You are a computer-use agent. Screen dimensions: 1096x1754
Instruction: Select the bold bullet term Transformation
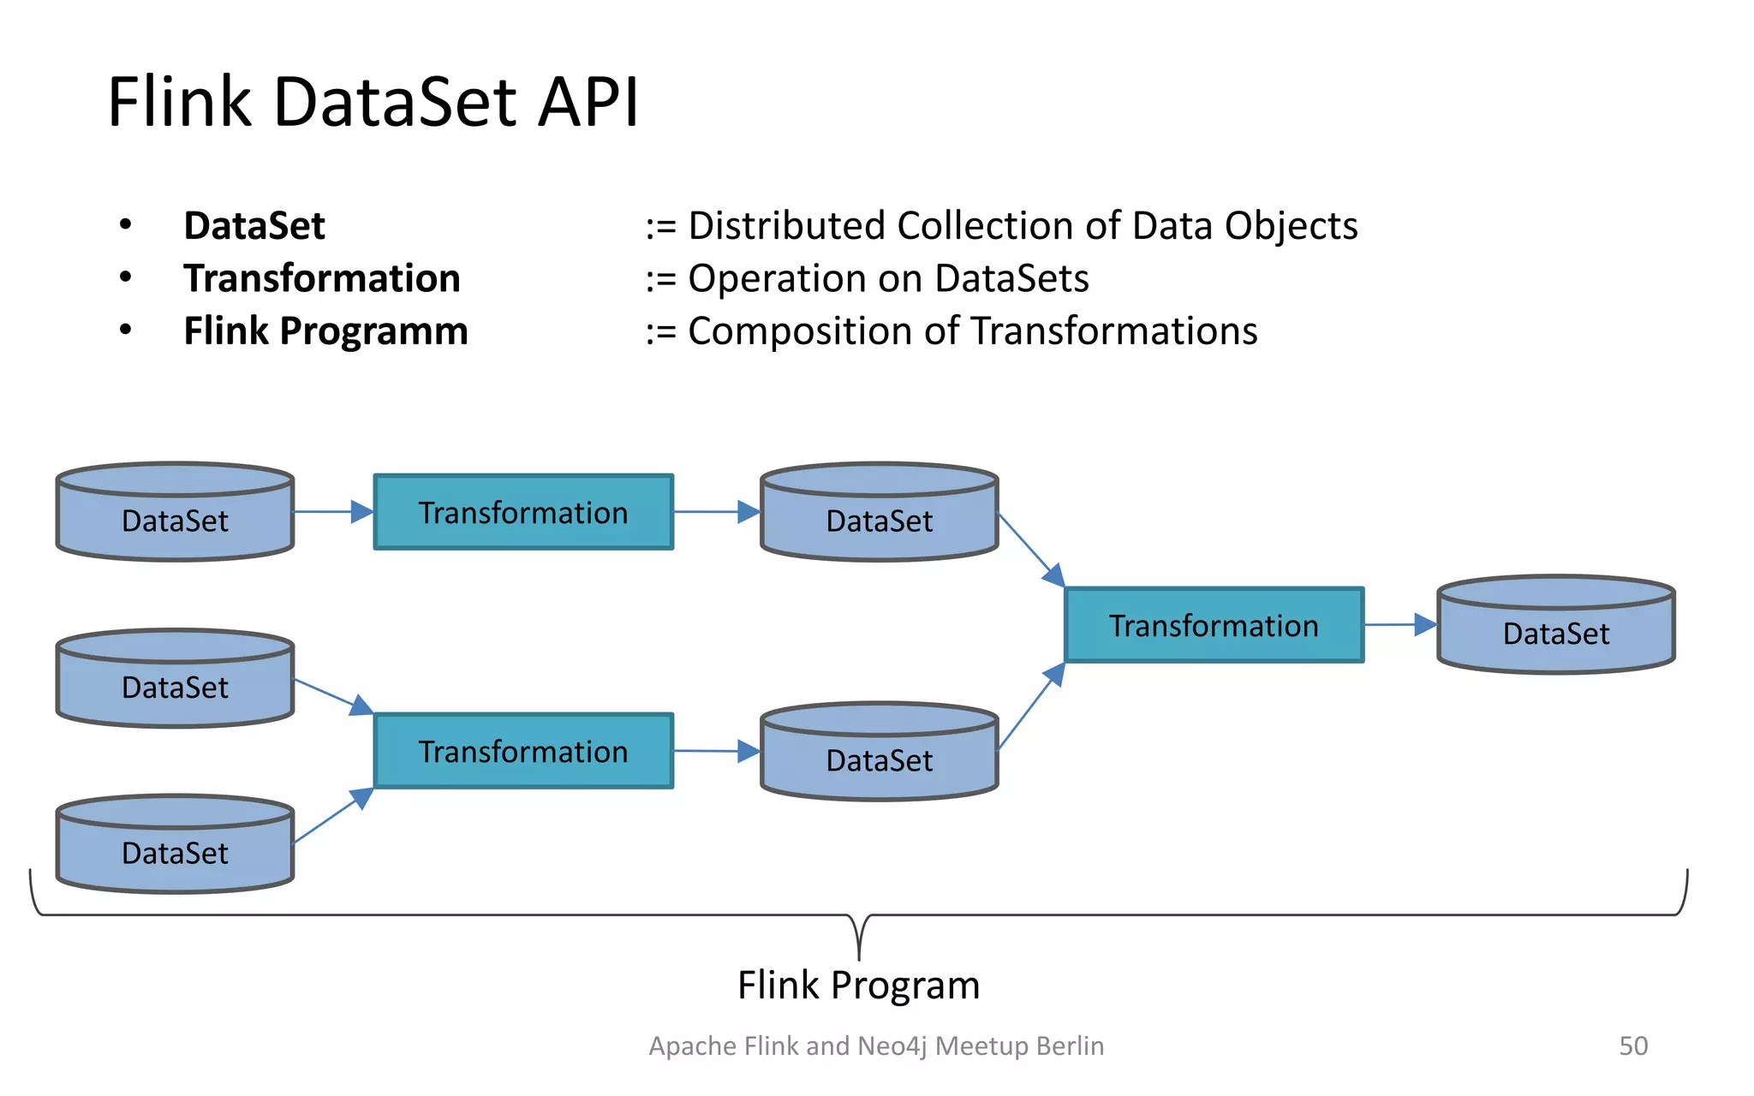click(322, 279)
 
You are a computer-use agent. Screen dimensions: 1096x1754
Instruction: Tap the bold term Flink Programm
click(325, 331)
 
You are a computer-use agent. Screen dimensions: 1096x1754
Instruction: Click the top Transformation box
click(523, 512)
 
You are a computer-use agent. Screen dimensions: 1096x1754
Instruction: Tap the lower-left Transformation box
click(523, 751)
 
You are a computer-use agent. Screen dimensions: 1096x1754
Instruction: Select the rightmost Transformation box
click(1214, 625)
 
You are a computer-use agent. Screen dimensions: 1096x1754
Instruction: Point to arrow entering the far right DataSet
click(1401, 625)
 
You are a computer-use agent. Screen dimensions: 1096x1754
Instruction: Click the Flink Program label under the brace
click(858, 986)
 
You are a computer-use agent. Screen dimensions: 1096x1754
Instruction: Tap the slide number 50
click(1633, 1045)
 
